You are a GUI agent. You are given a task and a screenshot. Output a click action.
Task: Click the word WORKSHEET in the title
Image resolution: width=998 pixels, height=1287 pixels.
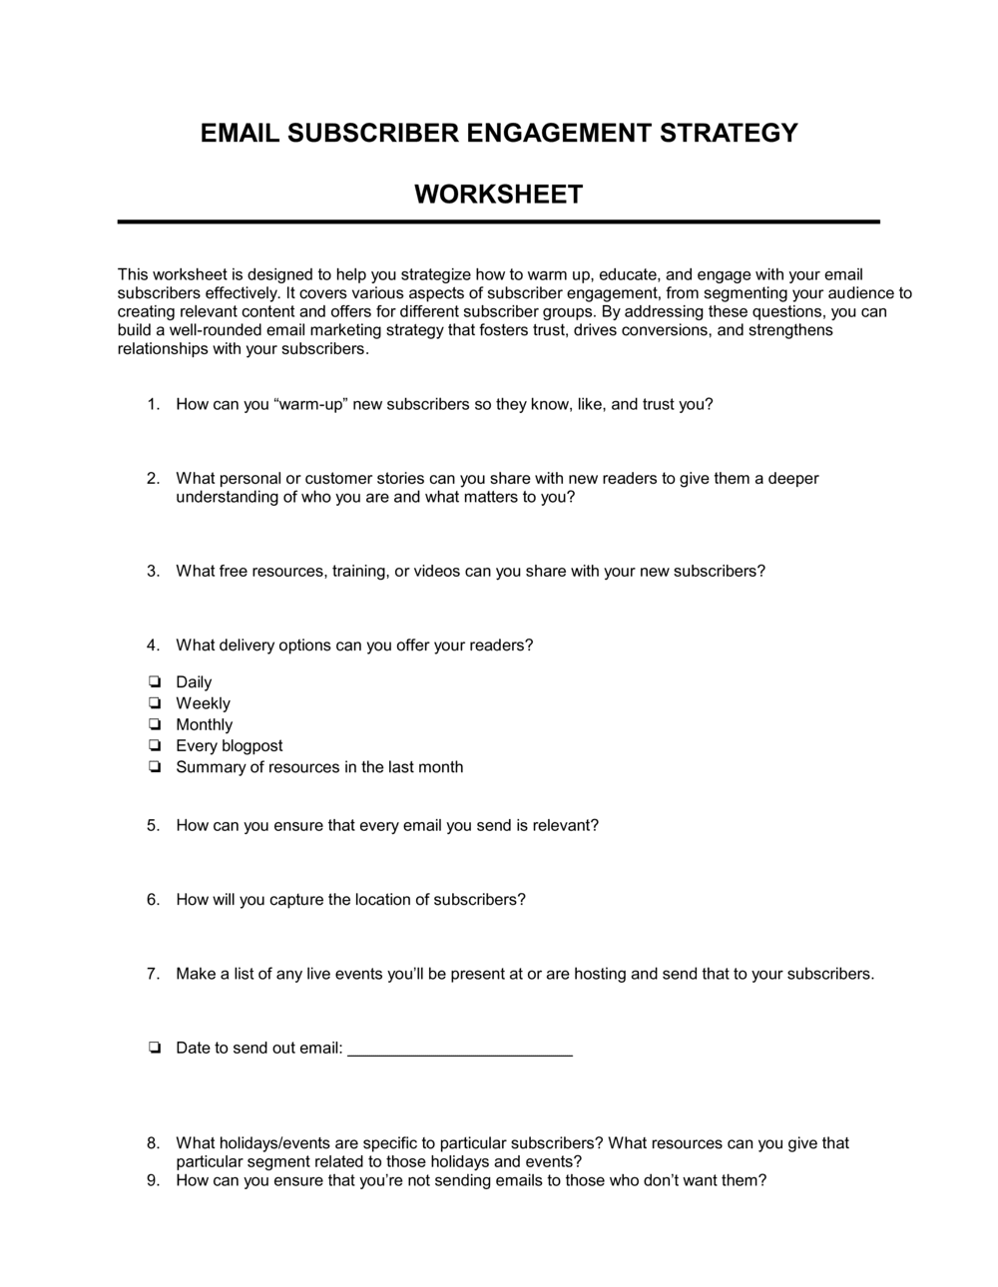[x=498, y=195]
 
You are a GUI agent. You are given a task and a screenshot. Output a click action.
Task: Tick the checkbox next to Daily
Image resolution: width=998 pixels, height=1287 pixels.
[x=154, y=682]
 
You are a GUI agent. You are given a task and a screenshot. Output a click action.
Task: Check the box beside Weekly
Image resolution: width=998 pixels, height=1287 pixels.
[x=154, y=703]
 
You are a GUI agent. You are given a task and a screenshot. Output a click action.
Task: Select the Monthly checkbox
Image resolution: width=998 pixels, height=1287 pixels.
[x=154, y=724]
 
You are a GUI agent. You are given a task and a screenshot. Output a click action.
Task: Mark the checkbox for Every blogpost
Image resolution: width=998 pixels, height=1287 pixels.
[x=154, y=746]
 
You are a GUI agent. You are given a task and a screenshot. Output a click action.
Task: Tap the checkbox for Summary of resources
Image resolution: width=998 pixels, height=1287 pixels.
[x=154, y=767]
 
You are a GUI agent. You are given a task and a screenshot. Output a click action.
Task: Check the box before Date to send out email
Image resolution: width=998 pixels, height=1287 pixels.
[x=154, y=1049]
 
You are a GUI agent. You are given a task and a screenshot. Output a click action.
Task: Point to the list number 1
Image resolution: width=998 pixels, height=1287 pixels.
[x=153, y=404]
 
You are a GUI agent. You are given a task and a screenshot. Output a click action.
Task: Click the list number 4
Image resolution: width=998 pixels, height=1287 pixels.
[x=153, y=645]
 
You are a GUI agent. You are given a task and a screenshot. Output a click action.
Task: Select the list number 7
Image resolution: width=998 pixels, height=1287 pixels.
[x=153, y=974]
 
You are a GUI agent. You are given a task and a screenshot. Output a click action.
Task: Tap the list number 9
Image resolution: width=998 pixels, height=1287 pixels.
[x=153, y=1180]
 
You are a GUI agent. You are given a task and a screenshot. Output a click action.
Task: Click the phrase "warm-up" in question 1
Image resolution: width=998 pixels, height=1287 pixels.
[x=314, y=404]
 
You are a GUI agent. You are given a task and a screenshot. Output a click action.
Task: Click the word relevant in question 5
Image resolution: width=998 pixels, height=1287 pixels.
[x=563, y=826]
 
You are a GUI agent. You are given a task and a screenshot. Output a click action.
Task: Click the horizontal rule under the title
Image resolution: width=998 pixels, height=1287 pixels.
[x=498, y=221]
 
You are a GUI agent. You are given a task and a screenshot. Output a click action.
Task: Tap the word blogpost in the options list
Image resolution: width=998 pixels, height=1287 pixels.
[x=250, y=746]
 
